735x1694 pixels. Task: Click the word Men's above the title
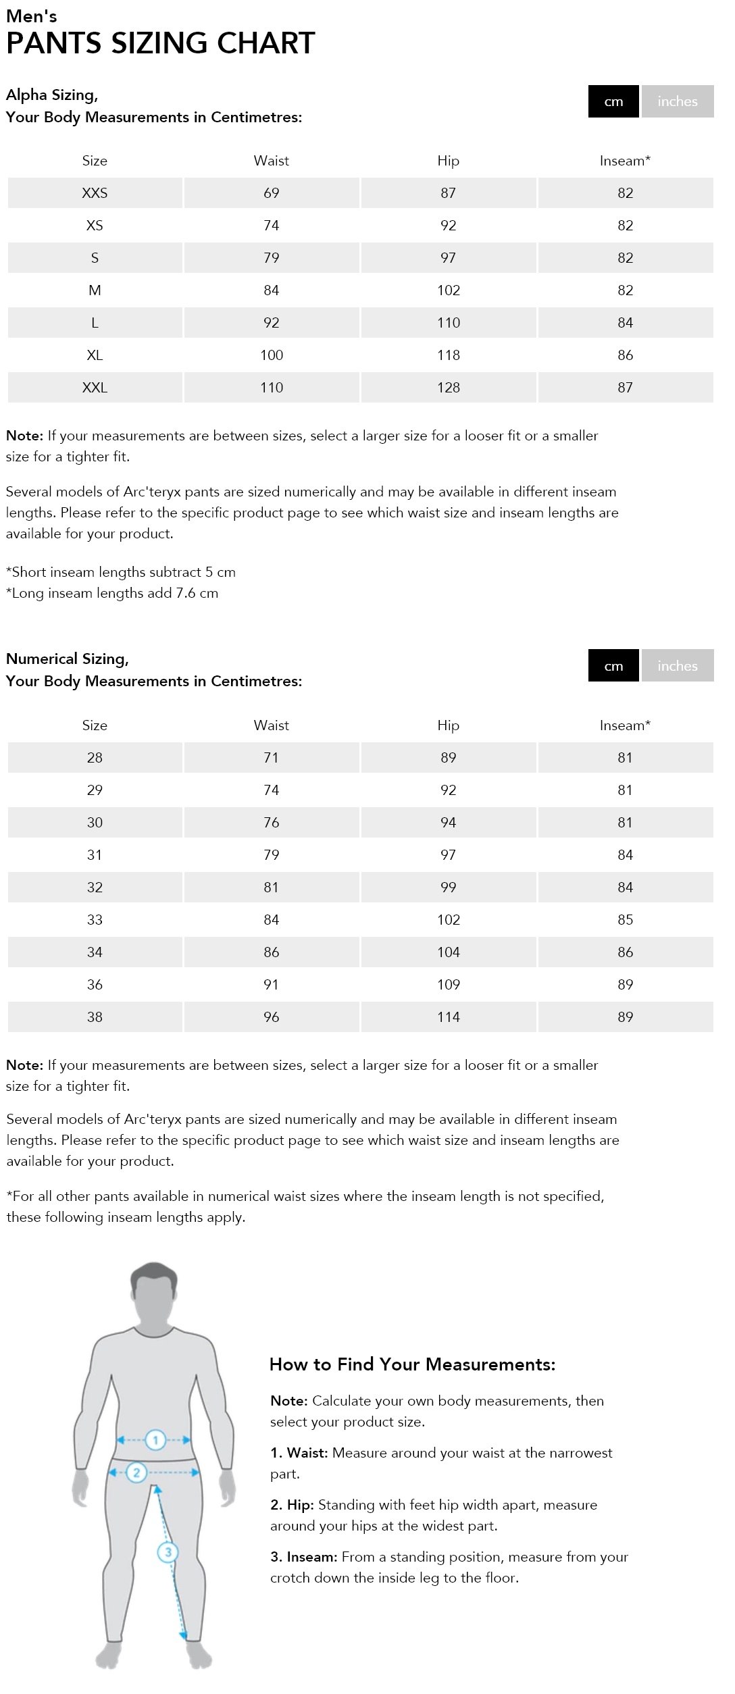click(x=32, y=16)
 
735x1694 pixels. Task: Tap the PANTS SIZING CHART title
click(x=160, y=43)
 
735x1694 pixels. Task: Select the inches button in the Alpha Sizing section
click(x=677, y=101)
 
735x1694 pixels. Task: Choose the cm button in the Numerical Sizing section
click(x=613, y=666)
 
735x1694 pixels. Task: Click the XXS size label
click(x=95, y=193)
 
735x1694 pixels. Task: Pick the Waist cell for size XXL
click(x=272, y=388)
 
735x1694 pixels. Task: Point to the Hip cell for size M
click(x=449, y=290)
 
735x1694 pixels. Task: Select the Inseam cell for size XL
click(x=625, y=355)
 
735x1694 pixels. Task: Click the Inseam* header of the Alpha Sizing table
click(x=625, y=161)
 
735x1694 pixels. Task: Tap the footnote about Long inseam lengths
click(x=112, y=593)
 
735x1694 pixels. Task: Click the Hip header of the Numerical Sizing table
click(x=448, y=725)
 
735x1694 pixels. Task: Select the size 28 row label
click(x=95, y=758)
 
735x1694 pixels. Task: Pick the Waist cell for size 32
click(x=271, y=888)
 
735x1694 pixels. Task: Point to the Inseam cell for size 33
click(x=625, y=920)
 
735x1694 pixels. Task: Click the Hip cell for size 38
click(x=449, y=1017)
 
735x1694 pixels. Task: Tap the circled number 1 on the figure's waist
click(x=155, y=1440)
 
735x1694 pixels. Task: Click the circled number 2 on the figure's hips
click(x=136, y=1472)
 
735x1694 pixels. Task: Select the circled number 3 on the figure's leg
click(x=168, y=1552)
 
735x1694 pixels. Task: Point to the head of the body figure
click(x=154, y=1291)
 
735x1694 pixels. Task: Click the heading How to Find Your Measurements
click(x=412, y=1364)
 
